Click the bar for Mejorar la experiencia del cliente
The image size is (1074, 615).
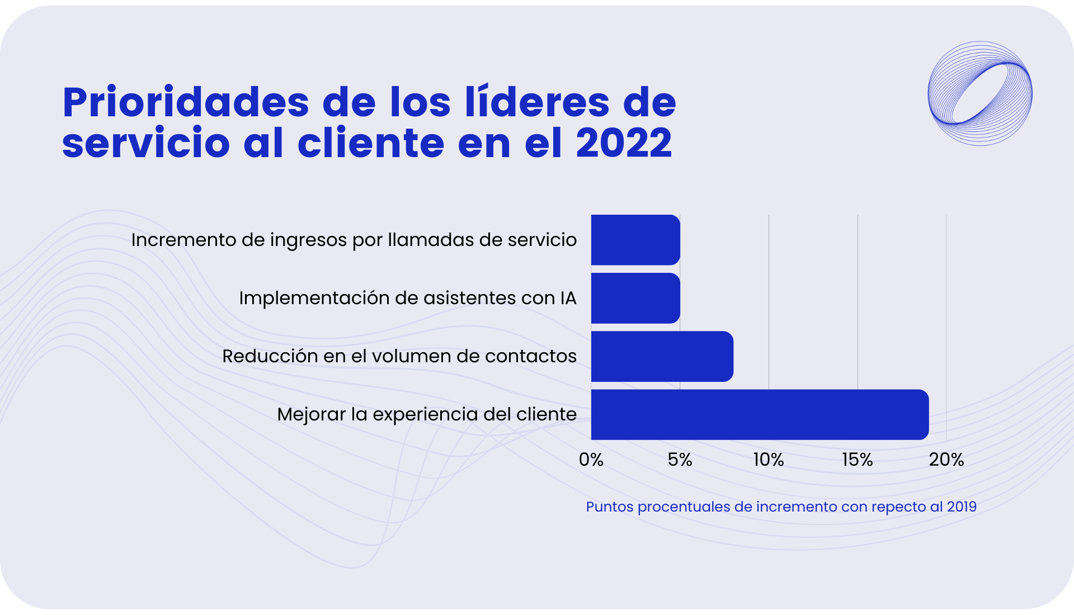coord(760,414)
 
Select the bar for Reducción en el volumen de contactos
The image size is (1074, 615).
coord(662,356)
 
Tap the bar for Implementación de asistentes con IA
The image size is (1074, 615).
coord(635,298)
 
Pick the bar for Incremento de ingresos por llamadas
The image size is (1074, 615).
coord(635,240)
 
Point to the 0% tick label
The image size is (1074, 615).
coord(591,460)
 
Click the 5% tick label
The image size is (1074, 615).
coord(680,460)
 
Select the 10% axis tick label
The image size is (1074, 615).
coord(768,460)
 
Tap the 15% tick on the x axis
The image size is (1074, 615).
coord(857,460)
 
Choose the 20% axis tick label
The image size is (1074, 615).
coord(946,460)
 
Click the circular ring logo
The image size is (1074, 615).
coord(980,93)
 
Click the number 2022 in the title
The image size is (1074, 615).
coord(624,143)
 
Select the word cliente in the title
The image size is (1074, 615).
coord(371,143)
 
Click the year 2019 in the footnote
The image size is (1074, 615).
coord(962,507)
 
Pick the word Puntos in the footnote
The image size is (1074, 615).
coord(609,507)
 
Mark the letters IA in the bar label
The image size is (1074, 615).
coord(568,298)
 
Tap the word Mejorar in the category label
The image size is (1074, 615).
coord(311,415)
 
